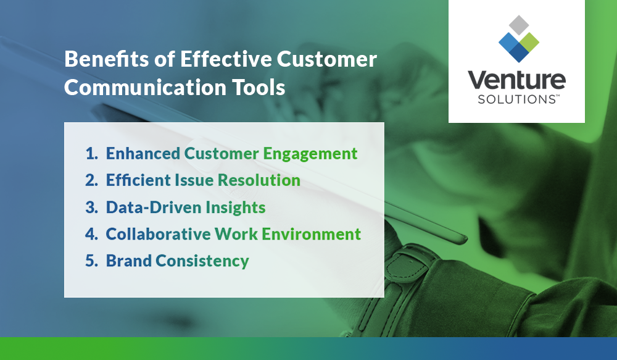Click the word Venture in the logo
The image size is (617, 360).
(516, 81)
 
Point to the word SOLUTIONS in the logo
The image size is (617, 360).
(516, 99)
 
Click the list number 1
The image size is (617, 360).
(91, 154)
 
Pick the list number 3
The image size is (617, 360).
(91, 207)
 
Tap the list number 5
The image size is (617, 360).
(91, 261)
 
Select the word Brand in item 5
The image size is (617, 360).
(128, 261)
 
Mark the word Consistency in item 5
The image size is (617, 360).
(202, 261)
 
